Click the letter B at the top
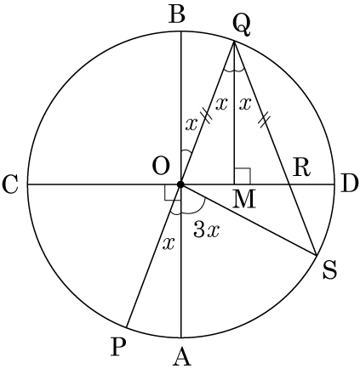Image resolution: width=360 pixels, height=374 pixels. [177, 15]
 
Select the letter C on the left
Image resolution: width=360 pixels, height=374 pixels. [11, 186]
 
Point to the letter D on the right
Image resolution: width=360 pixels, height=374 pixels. [348, 184]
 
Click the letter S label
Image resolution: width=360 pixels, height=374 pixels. [329, 270]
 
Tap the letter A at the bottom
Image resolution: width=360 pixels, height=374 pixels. [182, 357]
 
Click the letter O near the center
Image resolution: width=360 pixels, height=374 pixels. [161, 167]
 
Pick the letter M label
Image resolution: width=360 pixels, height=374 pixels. [244, 199]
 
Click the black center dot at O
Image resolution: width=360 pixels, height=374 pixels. [180, 184]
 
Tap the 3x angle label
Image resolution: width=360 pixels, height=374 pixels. [206, 229]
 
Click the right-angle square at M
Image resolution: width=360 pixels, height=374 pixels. [243, 176]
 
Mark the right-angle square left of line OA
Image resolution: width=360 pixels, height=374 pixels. [173, 193]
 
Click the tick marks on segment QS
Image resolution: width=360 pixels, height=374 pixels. [263, 120]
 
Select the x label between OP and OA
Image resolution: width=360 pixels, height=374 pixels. [169, 244]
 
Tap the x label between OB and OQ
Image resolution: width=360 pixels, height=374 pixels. [191, 124]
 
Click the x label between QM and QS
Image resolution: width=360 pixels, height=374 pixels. [245, 105]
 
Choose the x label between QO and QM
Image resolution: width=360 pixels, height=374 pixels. [221, 105]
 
